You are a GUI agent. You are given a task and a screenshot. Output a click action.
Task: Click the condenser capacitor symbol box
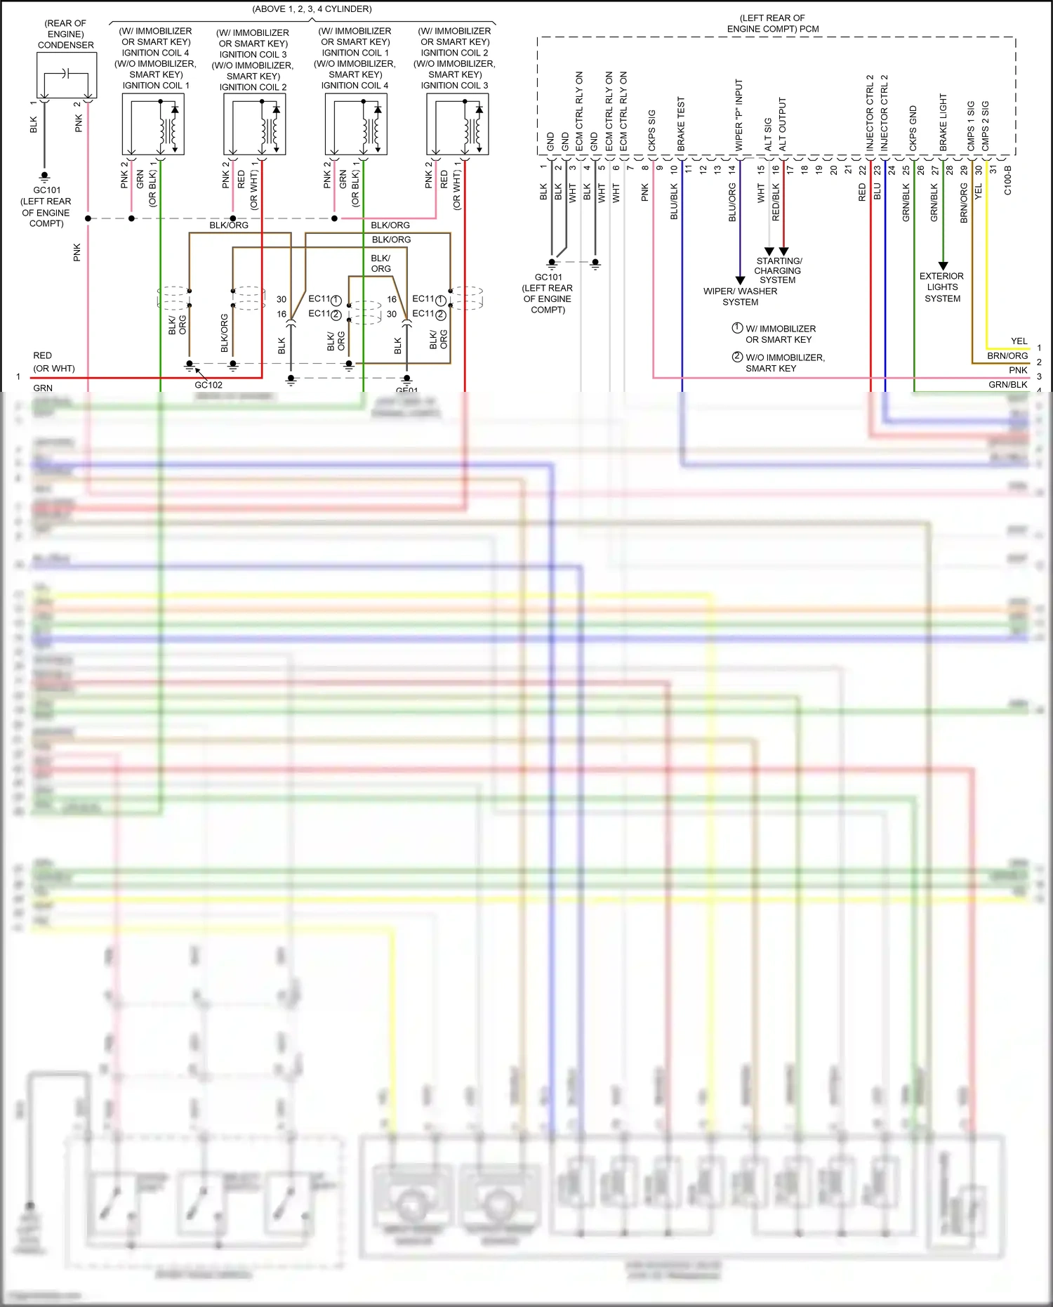click(67, 75)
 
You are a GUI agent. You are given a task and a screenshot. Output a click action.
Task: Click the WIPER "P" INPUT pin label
click(739, 114)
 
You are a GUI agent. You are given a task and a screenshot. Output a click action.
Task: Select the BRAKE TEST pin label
click(680, 124)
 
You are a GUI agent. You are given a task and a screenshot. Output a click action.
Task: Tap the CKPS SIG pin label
click(651, 130)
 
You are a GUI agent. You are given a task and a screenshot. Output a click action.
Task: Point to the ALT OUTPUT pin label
click(783, 124)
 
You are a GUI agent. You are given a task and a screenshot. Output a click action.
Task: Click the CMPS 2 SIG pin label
click(986, 125)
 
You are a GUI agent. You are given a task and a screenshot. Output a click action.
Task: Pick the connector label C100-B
click(1007, 180)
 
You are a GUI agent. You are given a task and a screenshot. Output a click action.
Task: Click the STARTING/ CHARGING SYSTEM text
click(778, 270)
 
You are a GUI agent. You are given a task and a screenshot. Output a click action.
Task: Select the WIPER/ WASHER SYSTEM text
click(740, 296)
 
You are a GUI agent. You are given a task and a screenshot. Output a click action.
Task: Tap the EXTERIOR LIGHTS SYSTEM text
click(942, 287)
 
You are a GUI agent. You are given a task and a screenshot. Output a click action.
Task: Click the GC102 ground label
click(208, 385)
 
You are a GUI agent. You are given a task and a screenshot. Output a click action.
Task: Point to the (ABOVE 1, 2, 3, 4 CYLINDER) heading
click(312, 9)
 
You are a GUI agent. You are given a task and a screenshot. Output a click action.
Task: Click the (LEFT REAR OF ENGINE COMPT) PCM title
click(772, 23)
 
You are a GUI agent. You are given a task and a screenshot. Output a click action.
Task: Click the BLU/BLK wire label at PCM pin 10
click(674, 202)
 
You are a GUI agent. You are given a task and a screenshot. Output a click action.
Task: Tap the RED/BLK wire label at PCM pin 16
click(776, 202)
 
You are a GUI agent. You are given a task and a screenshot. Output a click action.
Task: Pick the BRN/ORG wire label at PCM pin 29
click(964, 203)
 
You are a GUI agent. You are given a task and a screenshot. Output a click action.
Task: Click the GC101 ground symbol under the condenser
click(45, 176)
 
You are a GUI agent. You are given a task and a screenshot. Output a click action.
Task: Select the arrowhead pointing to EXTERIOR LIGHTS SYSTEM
click(943, 265)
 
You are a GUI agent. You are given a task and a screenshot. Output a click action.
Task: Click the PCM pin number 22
click(863, 169)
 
